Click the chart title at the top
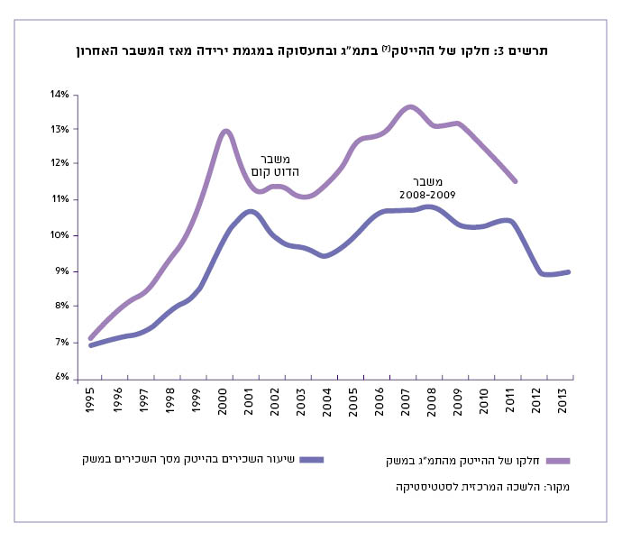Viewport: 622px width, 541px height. coord(312,51)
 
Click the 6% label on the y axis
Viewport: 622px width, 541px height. coord(61,377)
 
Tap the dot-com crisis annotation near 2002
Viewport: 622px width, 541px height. coord(280,164)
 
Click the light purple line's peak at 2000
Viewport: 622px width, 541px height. coord(226,132)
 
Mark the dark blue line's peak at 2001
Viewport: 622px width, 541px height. coord(250,211)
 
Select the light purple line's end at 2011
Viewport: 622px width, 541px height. coord(516,181)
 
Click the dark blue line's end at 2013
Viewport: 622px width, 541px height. coord(571,271)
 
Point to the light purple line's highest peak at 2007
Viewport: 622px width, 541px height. coord(410,106)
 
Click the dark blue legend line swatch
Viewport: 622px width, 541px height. coord(311,459)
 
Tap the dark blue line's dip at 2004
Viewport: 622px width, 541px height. coord(325,256)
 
